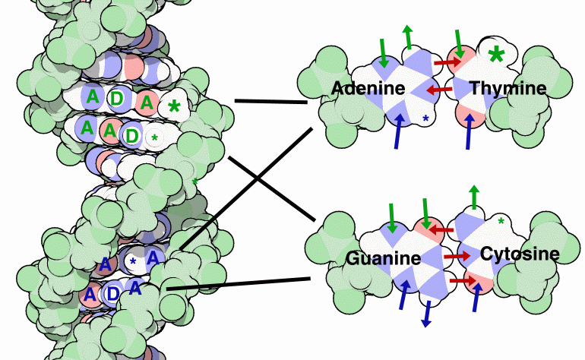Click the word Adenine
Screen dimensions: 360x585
click(x=368, y=89)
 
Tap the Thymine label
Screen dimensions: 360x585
click(x=508, y=89)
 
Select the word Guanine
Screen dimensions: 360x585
click(x=383, y=258)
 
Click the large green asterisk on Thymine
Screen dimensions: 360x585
click(x=497, y=55)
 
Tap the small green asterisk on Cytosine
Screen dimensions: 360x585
click(x=501, y=222)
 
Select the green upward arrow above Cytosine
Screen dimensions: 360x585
click(x=475, y=196)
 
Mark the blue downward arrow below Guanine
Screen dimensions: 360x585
click(x=427, y=314)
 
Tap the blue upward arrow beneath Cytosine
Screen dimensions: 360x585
click(x=477, y=297)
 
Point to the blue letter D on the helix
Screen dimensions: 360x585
click(x=112, y=293)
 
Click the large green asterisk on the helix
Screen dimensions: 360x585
click(x=174, y=106)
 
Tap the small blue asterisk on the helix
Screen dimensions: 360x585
click(x=134, y=262)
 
